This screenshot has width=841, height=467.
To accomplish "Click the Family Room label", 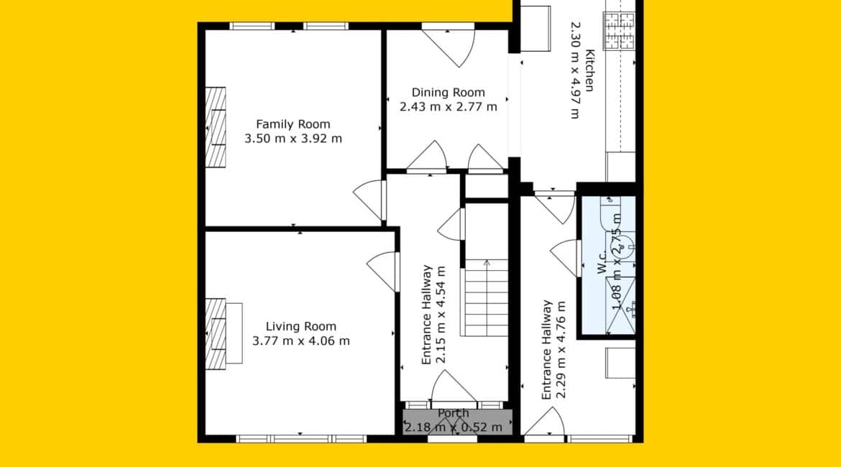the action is click(x=293, y=124).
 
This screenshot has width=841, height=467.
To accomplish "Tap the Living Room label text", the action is click(x=301, y=326).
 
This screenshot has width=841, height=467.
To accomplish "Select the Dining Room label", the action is click(x=449, y=93).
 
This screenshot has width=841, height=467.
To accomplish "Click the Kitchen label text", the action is click(x=590, y=70).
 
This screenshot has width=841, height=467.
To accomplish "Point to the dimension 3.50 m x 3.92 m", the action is click(x=293, y=139).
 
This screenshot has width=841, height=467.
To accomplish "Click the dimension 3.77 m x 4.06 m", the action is click(x=301, y=341).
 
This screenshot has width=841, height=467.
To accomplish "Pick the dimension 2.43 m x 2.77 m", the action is click(x=449, y=107).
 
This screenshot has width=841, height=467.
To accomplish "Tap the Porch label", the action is click(x=454, y=413).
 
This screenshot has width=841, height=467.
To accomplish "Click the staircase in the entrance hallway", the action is click(x=485, y=298).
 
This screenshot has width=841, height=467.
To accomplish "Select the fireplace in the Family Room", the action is click(x=216, y=127).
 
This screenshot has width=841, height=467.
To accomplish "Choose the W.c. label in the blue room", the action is click(x=603, y=262).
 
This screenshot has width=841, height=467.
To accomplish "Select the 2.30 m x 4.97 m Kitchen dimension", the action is click(x=575, y=70).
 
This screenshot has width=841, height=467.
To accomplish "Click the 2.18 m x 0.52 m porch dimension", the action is click(x=454, y=427).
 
